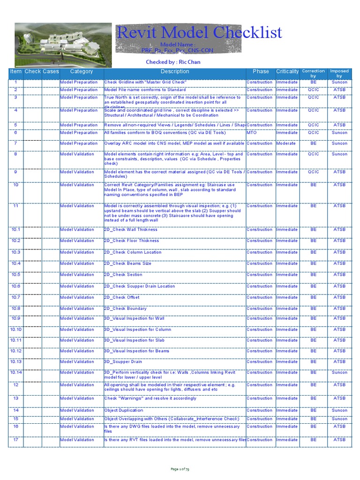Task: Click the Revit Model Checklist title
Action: [199, 32]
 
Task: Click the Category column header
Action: [82, 72]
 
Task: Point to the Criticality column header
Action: [287, 72]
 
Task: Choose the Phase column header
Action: [261, 72]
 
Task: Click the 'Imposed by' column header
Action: [339, 73]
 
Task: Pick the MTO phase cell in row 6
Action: [252, 133]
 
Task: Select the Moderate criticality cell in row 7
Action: [286, 143]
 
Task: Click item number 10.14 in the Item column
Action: [16, 373]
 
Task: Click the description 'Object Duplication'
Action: [124, 410]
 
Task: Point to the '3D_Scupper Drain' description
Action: [123, 362]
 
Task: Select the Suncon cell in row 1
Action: [339, 82]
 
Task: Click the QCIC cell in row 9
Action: [313, 172]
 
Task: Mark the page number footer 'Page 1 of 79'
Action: [180, 469]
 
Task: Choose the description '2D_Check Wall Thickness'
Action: [131, 230]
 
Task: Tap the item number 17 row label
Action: [16, 440]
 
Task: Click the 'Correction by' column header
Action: [313, 73]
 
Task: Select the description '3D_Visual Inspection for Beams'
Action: [137, 351]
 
